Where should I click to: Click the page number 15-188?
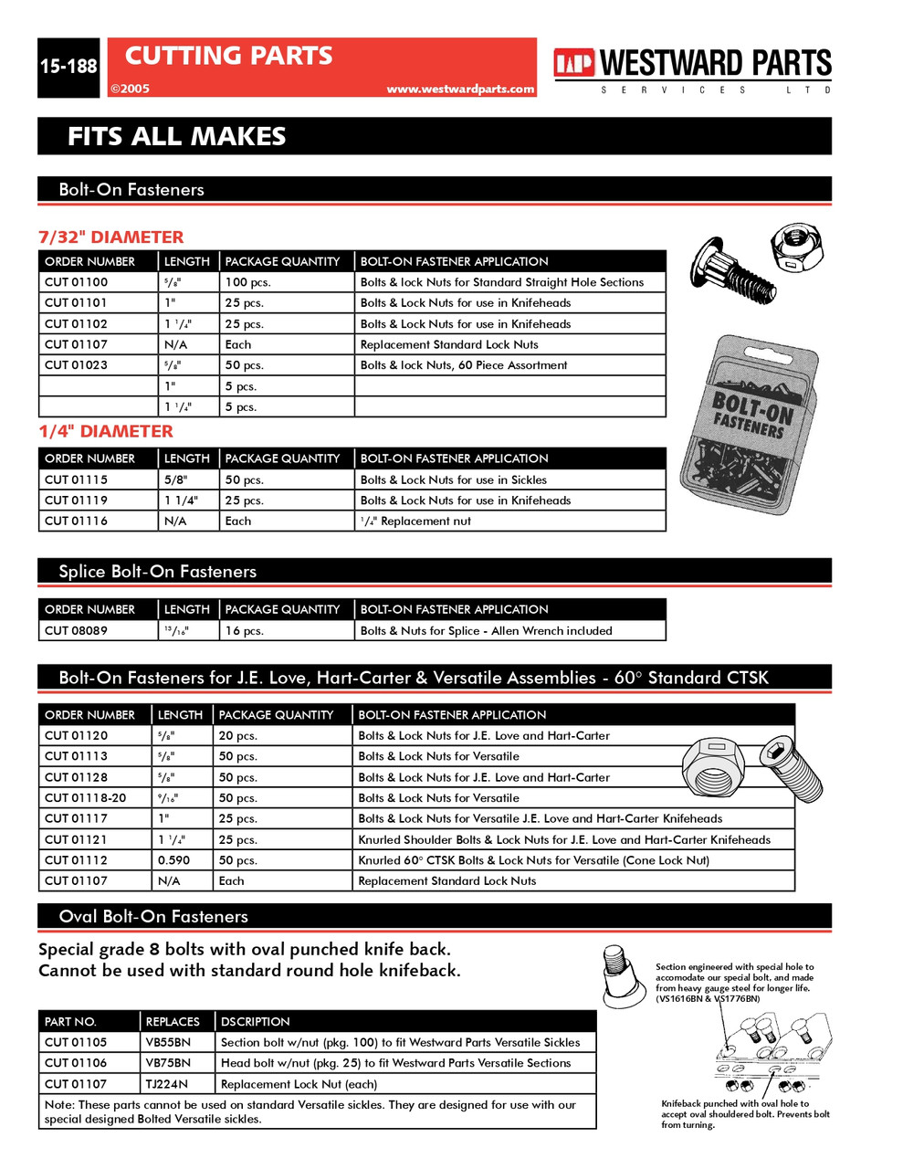(68, 67)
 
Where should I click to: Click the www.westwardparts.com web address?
(459, 89)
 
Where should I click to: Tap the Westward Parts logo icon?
(573, 63)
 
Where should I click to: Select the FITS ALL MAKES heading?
(176, 137)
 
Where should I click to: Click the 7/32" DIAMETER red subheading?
(110, 237)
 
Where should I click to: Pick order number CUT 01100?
(76, 282)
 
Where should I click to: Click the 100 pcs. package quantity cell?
(248, 282)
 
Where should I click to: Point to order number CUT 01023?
(76, 365)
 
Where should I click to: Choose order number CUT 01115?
(76, 479)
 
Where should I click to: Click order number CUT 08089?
(76, 630)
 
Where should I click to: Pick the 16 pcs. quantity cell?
(245, 630)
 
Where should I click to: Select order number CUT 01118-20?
(85, 798)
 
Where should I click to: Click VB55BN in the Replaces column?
(168, 1042)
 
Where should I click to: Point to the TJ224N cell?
(166, 1084)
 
